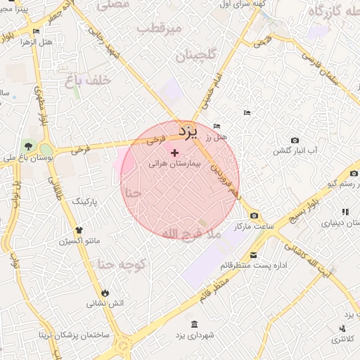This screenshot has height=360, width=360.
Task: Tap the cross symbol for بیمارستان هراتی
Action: click(x=175, y=152)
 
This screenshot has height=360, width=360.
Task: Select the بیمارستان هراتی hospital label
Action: click(x=175, y=162)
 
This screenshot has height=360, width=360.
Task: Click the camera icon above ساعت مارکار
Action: click(x=254, y=215)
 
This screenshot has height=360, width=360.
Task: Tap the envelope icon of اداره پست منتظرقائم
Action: click(x=252, y=255)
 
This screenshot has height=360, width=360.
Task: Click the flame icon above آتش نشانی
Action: click(x=105, y=292)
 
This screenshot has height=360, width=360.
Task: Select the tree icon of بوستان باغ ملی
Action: click(x=27, y=146)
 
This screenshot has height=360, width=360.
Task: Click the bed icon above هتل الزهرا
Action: click(x=36, y=31)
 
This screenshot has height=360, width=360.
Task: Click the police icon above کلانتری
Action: click(x=342, y=328)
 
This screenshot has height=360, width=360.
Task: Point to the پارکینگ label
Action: click(x=88, y=202)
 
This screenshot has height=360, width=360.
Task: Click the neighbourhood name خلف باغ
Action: click(x=87, y=81)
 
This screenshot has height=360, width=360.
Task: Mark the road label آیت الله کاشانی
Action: click(x=307, y=261)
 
